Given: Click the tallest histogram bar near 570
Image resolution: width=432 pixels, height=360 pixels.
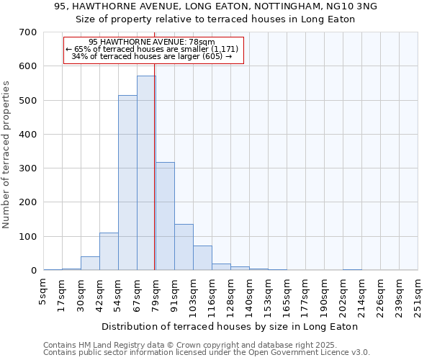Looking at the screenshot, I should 146,173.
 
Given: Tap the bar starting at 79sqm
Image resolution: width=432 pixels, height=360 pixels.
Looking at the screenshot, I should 165,216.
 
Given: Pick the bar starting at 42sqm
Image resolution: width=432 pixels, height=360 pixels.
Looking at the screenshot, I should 109,251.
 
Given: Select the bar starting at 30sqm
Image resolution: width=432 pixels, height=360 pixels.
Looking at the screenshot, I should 90,264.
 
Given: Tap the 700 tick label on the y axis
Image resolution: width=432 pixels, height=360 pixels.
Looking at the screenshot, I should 28,32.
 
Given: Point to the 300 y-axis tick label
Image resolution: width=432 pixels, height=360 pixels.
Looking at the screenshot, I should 28,168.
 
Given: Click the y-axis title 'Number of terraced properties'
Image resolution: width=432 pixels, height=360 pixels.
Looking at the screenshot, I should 7,155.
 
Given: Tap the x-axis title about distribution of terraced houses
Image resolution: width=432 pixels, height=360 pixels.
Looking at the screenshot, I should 230,326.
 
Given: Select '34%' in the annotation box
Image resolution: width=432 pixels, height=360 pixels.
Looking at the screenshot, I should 79,56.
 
